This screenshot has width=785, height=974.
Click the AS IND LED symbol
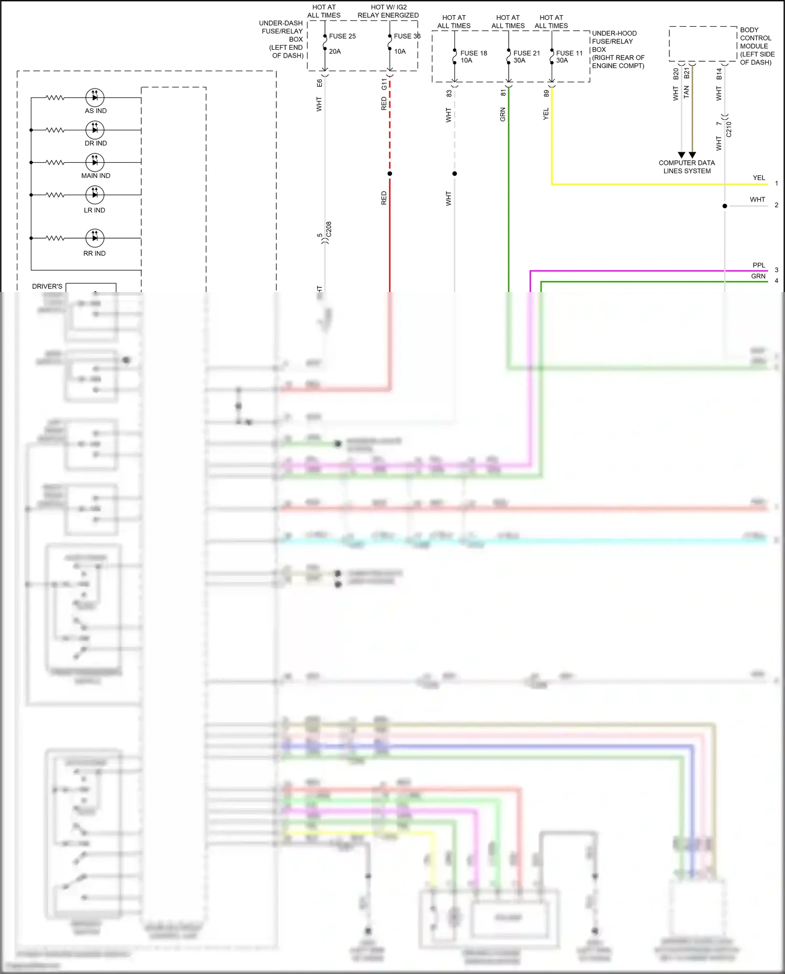click(95, 97)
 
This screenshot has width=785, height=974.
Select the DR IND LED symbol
click(95, 130)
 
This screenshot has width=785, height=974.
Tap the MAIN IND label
click(96, 176)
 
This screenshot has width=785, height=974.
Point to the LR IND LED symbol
click(95, 195)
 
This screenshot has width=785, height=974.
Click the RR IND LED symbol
click(95, 238)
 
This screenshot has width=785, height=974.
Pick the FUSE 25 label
click(342, 36)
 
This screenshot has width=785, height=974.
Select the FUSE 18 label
click(474, 53)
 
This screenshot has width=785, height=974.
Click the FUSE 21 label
click(526, 53)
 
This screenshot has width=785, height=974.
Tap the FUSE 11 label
click(569, 53)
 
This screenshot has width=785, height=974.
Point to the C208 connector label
click(329, 229)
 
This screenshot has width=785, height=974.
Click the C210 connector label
click(729, 129)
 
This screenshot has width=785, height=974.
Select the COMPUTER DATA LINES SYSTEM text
click(687, 167)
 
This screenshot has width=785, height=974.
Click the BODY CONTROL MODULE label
click(756, 46)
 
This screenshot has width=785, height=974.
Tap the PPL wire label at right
click(759, 265)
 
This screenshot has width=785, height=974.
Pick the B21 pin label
click(687, 74)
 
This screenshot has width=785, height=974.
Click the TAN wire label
click(687, 93)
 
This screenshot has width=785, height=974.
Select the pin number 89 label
click(546, 93)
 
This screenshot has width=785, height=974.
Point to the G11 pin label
click(384, 84)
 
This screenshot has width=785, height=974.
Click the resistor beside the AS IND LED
click(55, 97)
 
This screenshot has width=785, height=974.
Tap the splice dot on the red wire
click(390, 174)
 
